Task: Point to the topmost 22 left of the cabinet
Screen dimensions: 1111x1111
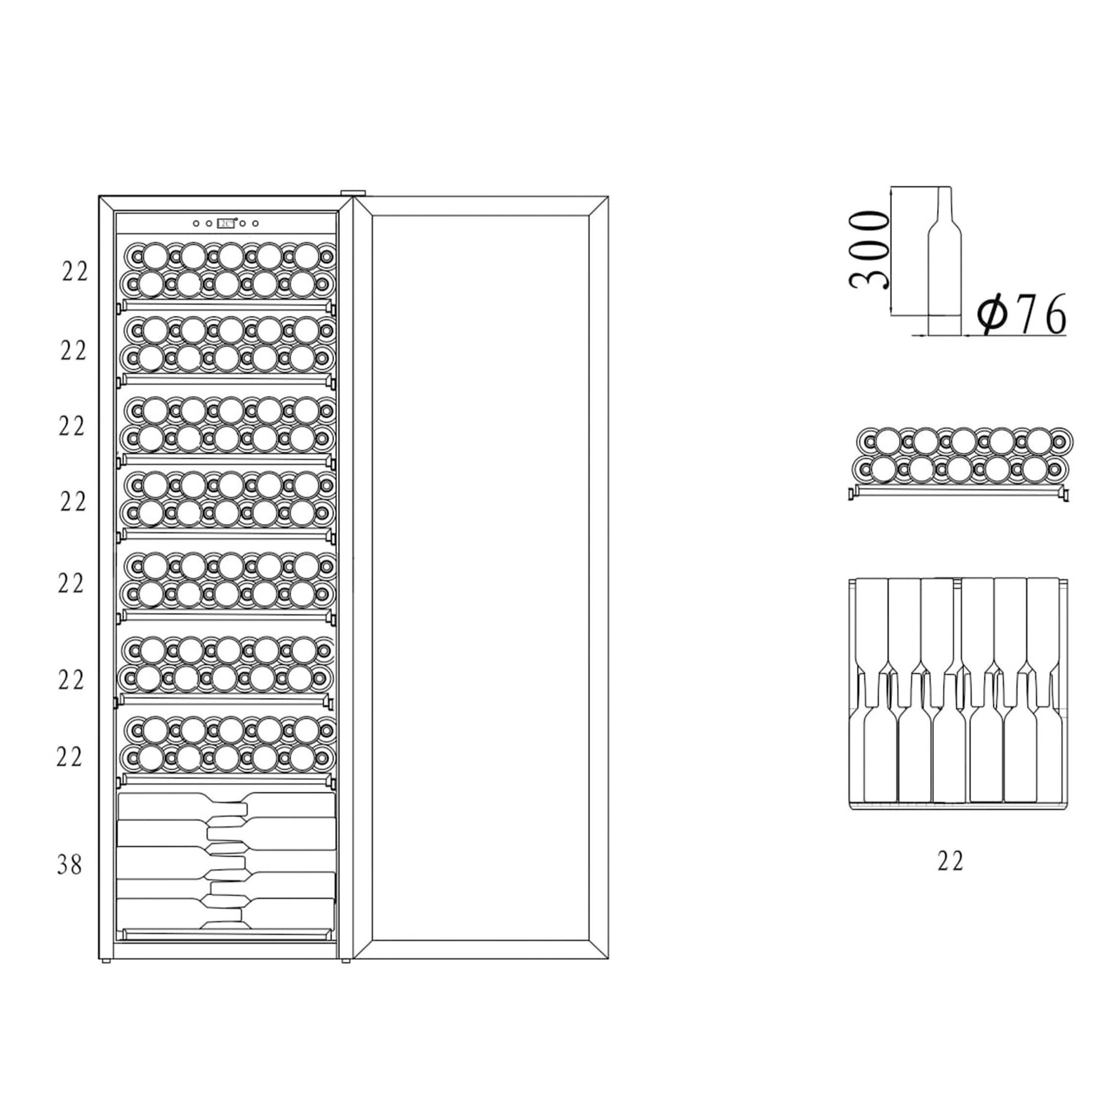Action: [x=75, y=272]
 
